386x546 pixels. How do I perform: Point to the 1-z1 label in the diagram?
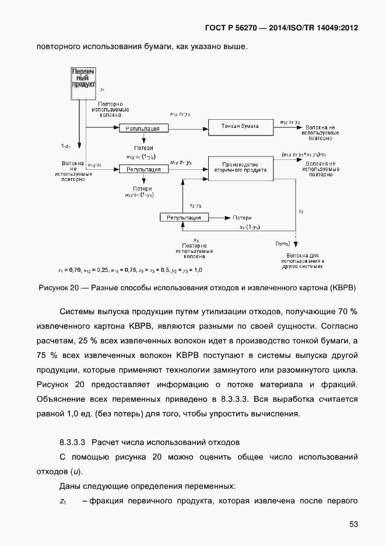click(x=66, y=145)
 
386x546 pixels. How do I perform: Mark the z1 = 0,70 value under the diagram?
click(x=69, y=270)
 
